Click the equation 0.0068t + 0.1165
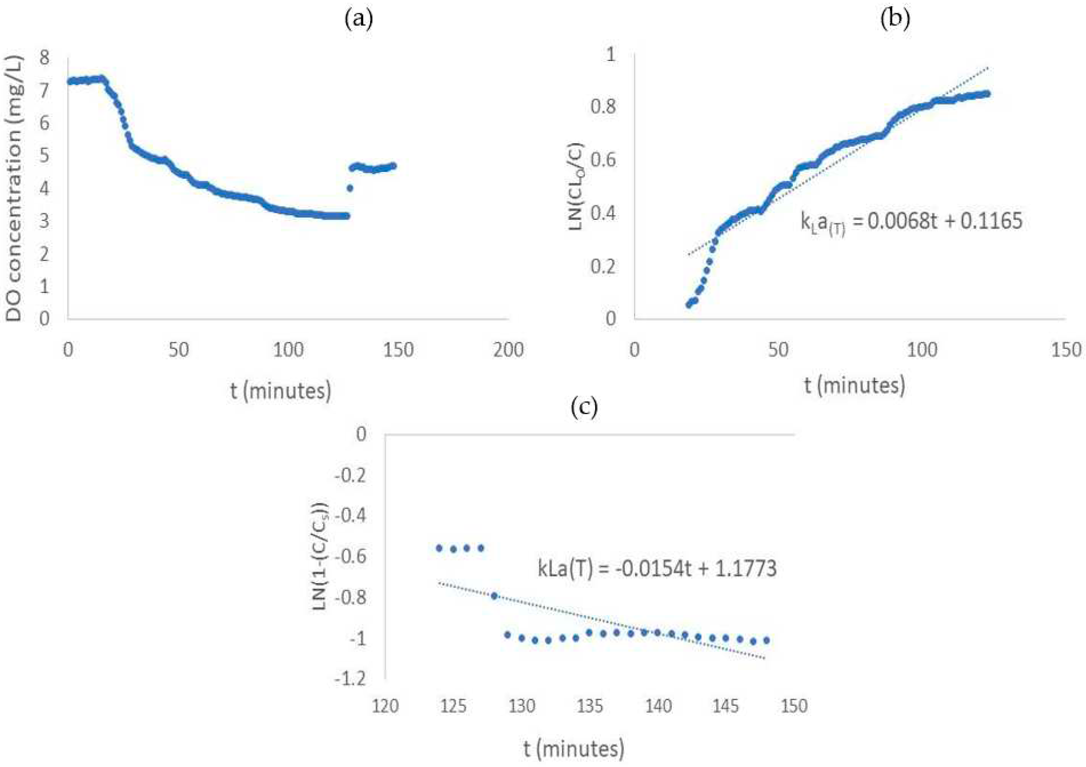(911, 221)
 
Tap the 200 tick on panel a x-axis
(508, 350)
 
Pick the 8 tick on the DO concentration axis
(44, 58)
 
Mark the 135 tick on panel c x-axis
(590, 706)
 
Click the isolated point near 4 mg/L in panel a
(350, 188)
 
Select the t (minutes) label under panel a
(281, 391)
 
